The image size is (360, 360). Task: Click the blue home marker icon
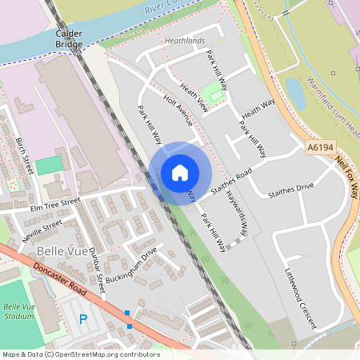pos(180,173)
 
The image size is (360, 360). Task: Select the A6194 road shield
pos(318,148)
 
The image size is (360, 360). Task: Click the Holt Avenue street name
pos(178,111)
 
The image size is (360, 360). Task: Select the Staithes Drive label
pos(291,190)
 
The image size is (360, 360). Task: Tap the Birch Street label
pos(25,155)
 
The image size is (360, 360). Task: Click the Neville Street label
pos(42,231)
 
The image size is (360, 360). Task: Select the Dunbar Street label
pos(96,267)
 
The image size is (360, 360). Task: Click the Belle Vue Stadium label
pos(18,311)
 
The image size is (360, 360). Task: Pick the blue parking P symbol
pos(82,319)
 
